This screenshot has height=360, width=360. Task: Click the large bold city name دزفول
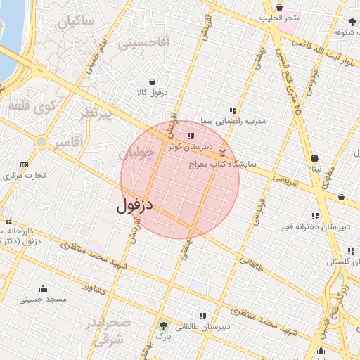pyautogui.click(x=134, y=206)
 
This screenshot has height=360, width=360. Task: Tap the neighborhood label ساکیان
pyautogui.click(x=76, y=21)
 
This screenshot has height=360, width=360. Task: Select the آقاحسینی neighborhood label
pyautogui.click(x=143, y=43)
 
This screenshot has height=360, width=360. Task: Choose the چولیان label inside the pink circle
pyautogui.click(x=136, y=154)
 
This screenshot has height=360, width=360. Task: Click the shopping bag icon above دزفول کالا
pyautogui.click(x=152, y=82)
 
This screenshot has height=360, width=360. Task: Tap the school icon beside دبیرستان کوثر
pyautogui.click(x=190, y=136)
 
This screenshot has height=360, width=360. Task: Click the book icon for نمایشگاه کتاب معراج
pyautogui.click(x=223, y=153)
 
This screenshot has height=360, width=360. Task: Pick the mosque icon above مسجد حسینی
pyautogui.click(x=44, y=288)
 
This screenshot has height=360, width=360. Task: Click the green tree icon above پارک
pyautogui.click(x=164, y=326)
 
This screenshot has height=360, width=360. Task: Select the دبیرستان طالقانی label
pyautogui.click(x=202, y=327)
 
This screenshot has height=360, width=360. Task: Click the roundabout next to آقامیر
pyautogui.click(x=41, y=142)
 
